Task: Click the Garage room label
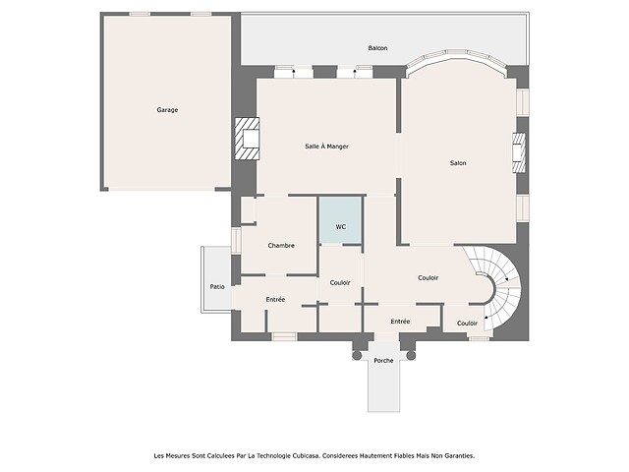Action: (167, 109)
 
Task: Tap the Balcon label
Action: (377, 48)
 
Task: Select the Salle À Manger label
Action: (326, 147)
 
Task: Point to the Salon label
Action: (458, 163)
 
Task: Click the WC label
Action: (341, 227)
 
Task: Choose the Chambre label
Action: (281, 245)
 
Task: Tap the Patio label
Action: (217, 286)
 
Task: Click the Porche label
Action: (383, 361)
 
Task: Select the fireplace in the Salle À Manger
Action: (247, 139)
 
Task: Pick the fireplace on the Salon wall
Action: (519, 153)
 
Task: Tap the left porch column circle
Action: (356, 355)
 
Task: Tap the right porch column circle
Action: (411, 355)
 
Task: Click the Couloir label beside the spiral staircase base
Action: (468, 324)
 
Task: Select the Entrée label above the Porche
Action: (400, 322)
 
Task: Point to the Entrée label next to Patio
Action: (275, 299)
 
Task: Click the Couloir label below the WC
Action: (340, 282)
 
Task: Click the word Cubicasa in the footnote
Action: (307, 455)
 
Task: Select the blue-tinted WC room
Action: (341, 220)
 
